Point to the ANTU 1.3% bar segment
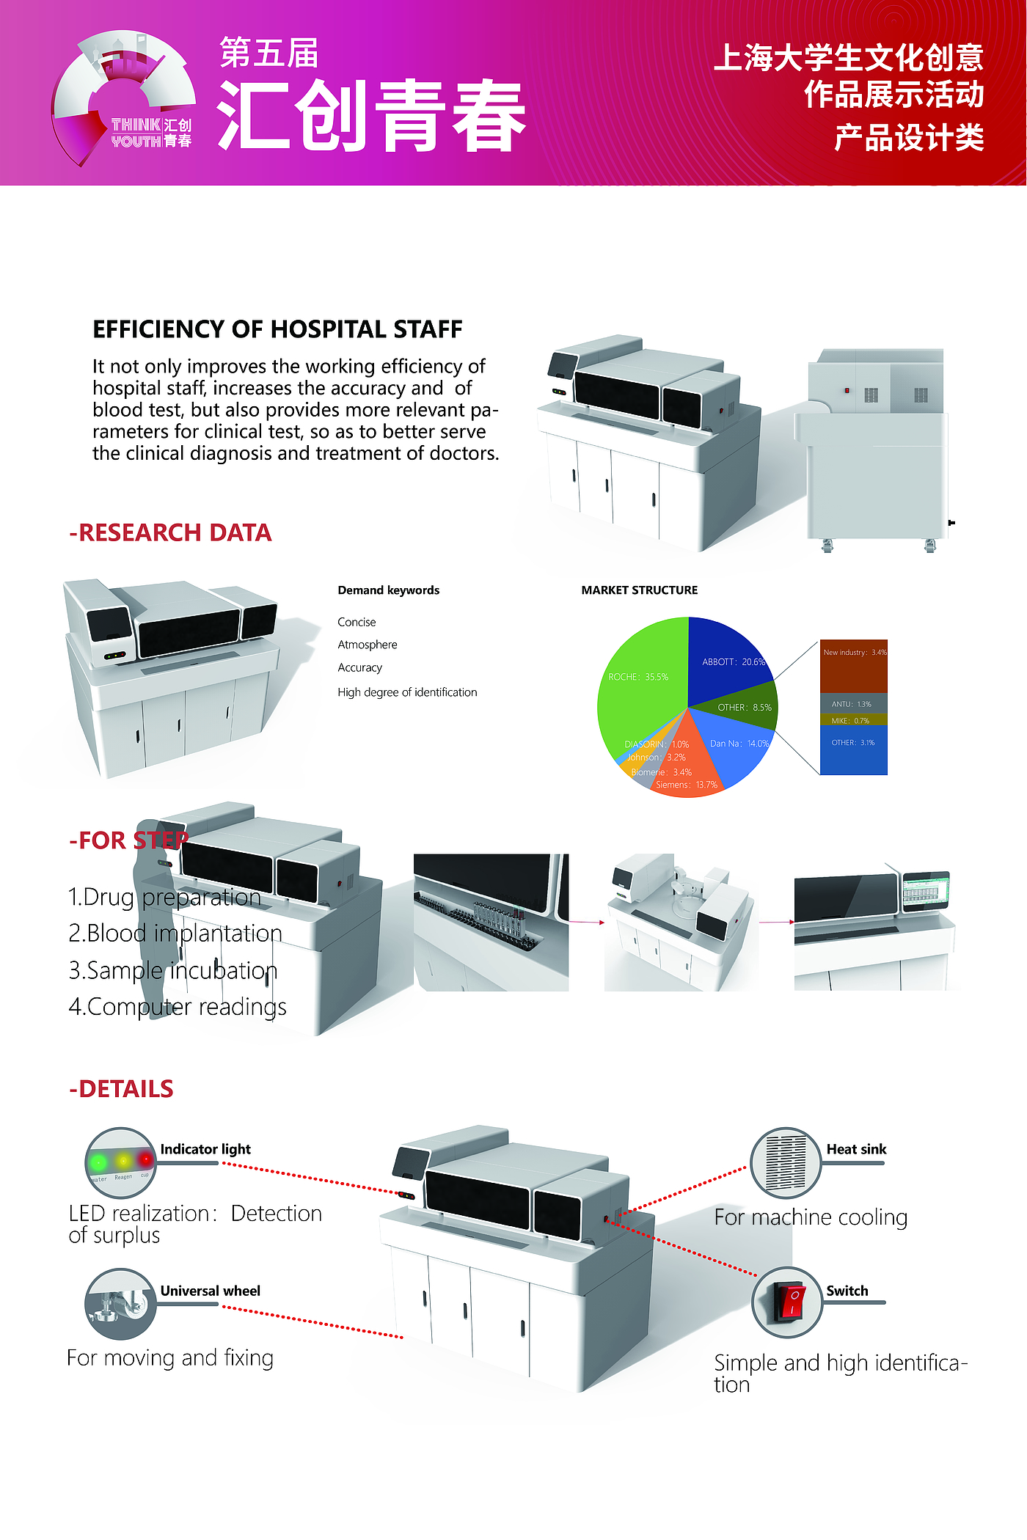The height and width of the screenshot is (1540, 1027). click(x=854, y=703)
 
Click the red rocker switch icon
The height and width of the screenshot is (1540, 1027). click(x=787, y=1302)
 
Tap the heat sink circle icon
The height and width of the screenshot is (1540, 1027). click(x=786, y=1162)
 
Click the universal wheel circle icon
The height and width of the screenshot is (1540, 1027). click(x=120, y=1304)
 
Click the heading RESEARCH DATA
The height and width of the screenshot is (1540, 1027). click(x=170, y=532)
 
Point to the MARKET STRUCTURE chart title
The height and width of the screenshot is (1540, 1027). click(x=640, y=590)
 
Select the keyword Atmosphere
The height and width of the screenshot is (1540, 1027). click(x=368, y=645)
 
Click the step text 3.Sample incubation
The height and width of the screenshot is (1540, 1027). click(x=173, y=970)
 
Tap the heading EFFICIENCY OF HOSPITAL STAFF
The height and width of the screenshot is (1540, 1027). click(x=277, y=329)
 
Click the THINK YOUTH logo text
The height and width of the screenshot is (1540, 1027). click(x=136, y=133)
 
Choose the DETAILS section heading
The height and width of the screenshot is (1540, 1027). click(x=121, y=1089)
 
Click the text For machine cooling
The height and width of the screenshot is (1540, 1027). click(x=811, y=1217)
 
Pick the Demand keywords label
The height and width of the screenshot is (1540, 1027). click(x=389, y=590)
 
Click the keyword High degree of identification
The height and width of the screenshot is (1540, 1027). click(x=407, y=692)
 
